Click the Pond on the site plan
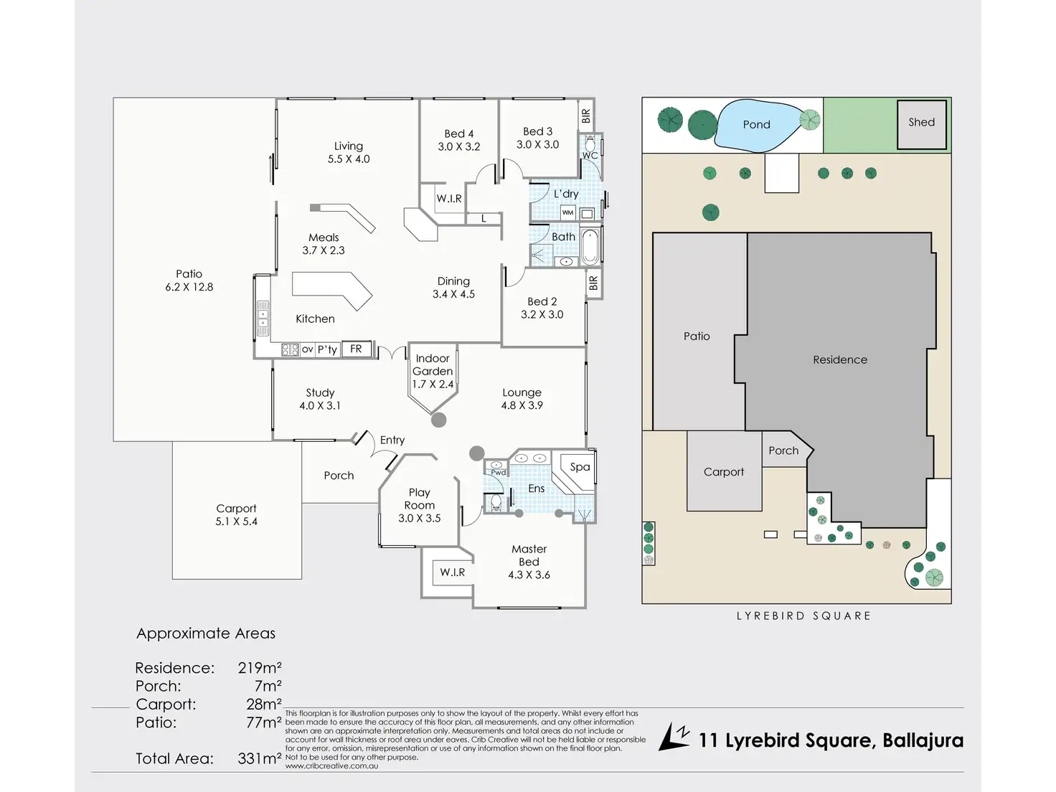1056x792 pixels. click(x=756, y=125)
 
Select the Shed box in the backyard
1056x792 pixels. click(x=921, y=123)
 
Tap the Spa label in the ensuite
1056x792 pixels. click(x=580, y=467)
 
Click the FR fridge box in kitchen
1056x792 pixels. click(x=356, y=349)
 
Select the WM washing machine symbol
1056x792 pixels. click(x=567, y=212)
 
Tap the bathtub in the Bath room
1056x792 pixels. click(x=590, y=246)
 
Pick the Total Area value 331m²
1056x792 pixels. click(x=259, y=758)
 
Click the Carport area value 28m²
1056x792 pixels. click(x=263, y=704)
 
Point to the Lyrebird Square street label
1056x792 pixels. click(x=803, y=616)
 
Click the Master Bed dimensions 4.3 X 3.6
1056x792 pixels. click(x=529, y=575)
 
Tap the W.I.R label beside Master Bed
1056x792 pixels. click(x=453, y=572)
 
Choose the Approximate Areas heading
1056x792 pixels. click(x=206, y=633)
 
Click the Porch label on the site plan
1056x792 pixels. click(x=783, y=451)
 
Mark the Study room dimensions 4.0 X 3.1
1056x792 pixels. click(x=320, y=406)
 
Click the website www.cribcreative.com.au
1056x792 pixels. click(x=331, y=766)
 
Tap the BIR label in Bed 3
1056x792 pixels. click(x=586, y=115)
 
